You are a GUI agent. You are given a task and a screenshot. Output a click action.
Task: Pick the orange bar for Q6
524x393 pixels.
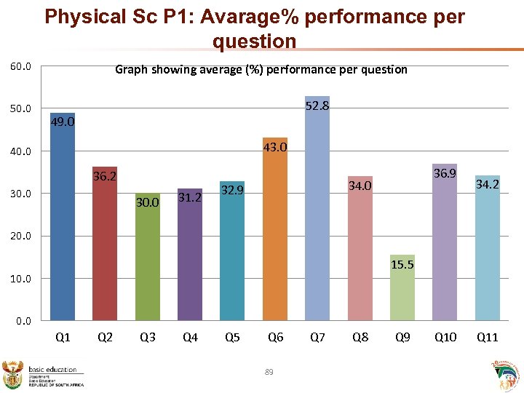click(x=275, y=229)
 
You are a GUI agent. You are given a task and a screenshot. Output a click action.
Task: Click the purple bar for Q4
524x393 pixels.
click(x=190, y=255)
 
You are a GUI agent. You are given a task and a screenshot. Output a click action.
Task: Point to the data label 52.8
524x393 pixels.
click(x=317, y=106)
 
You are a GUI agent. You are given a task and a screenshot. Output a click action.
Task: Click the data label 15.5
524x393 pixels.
click(x=402, y=264)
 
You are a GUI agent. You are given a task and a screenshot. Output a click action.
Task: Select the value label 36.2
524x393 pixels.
click(x=105, y=176)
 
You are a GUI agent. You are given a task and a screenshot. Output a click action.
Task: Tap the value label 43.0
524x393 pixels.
click(x=275, y=148)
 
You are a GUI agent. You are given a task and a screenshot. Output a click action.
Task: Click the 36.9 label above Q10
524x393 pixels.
click(x=445, y=174)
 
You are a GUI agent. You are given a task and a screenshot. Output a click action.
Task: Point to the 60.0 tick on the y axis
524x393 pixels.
click(x=20, y=68)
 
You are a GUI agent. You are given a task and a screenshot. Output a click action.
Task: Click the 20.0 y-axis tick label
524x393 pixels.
click(x=20, y=237)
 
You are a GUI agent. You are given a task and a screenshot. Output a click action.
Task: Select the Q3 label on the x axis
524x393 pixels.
click(x=148, y=337)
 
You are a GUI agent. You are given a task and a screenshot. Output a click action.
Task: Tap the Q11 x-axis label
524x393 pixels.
click(x=487, y=337)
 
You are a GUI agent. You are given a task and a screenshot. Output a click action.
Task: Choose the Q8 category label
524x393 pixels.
click(x=360, y=337)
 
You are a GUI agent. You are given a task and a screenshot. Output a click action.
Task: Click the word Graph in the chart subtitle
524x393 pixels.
click(x=132, y=70)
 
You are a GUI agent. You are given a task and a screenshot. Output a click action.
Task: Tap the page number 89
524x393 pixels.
click(x=269, y=373)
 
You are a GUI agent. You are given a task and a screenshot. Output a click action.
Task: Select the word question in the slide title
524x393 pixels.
click(x=254, y=42)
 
